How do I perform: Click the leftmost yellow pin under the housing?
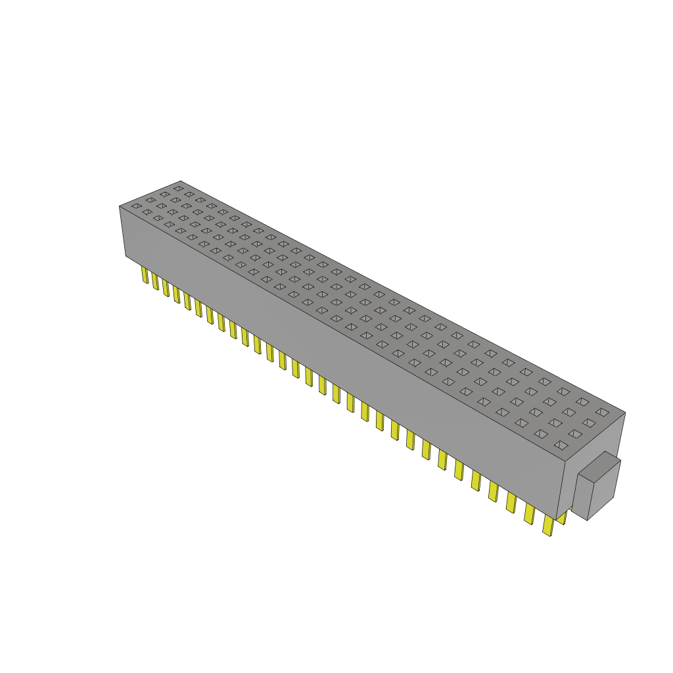pyautogui.click(x=145, y=275)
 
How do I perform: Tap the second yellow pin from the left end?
pyautogui.click(x=155, y=281)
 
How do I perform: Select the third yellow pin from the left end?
pyautogui.click(x=166, y=287)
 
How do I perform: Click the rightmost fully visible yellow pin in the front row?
pyautogui.click(x=547, y=524)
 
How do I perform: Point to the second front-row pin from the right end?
pyautogui.click(x=528, y=513)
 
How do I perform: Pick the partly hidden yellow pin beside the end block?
pyautogui.click(x=563, y=518)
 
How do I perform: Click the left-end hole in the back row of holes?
pyautogui.click(x=178, y=189)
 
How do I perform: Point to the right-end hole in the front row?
pyautogui.click(x=561, y=445)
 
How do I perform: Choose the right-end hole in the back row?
pyautogui.click(x=602, y=412)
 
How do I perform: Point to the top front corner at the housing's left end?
pyautogui.click(x=120, y=206)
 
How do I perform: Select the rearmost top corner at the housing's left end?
pyautogui.click(x=180, y=181)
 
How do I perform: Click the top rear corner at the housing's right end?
pyautogui.click(x=625, y=413)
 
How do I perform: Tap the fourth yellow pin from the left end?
pyautogui.click(x=176, y=294)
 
